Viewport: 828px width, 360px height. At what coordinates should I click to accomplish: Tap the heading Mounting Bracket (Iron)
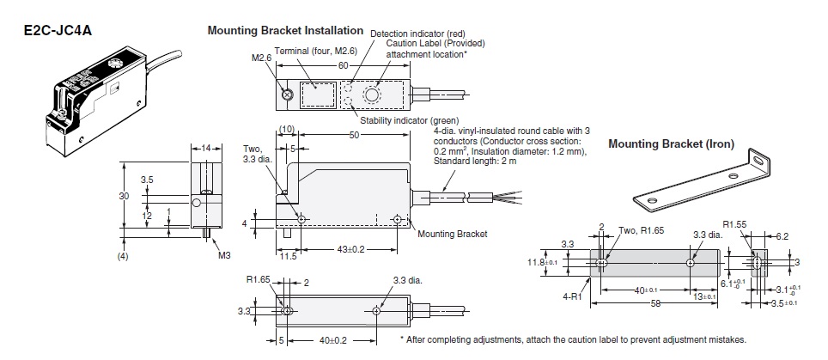[671, 144]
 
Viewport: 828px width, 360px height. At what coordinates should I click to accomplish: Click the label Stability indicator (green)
[410, 120]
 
